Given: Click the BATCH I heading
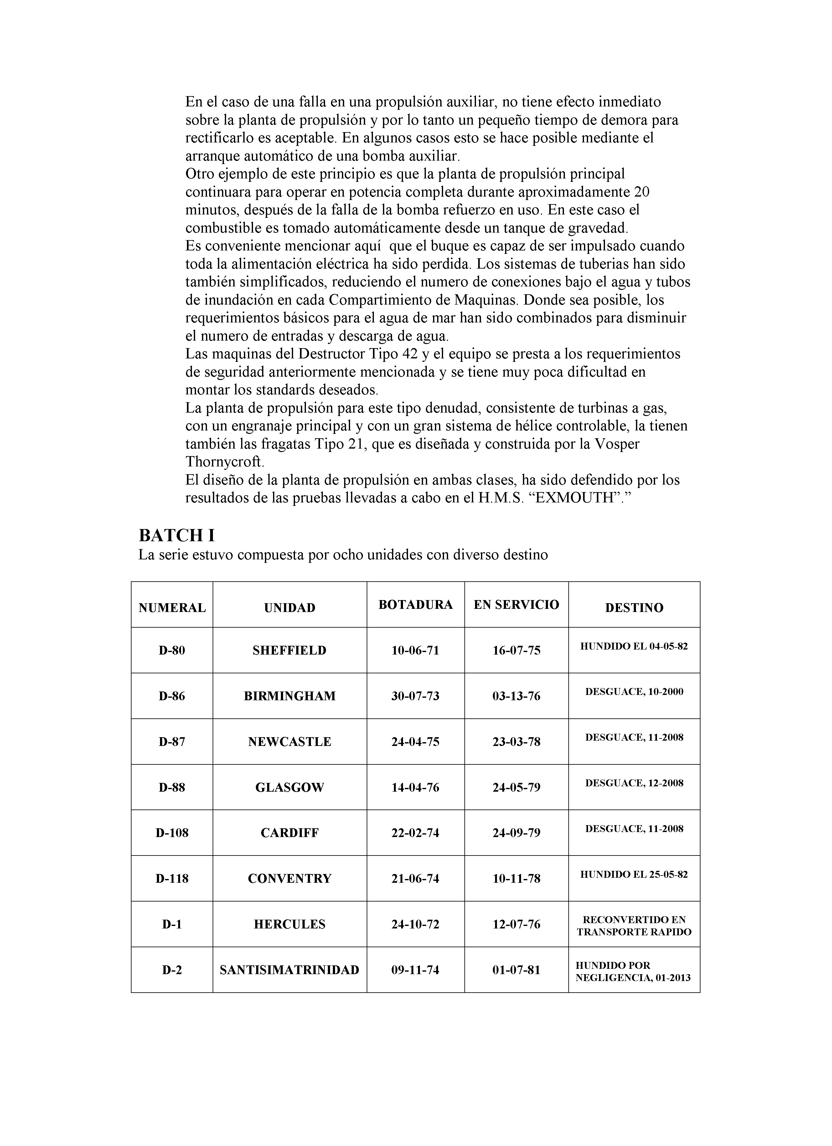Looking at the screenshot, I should (x=177, y=535).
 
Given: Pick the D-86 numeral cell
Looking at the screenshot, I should (x=172, y=696).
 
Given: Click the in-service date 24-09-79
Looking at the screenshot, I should (x=516, y=833).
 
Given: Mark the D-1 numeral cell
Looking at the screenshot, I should (x=172, y=924).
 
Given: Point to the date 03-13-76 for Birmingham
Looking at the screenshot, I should (x=516, y=696).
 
